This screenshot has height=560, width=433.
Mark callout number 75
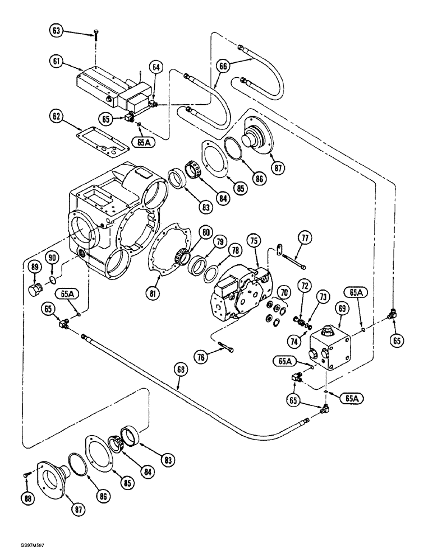tap(254, 241)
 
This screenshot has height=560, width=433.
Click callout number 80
tap(206, 232)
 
